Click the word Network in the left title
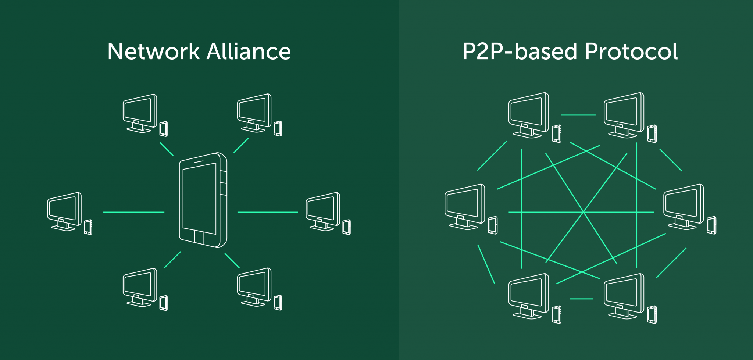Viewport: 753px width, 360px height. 153,51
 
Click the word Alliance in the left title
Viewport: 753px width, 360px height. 249,51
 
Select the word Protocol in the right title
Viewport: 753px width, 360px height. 631,51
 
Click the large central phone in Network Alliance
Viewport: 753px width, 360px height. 203,200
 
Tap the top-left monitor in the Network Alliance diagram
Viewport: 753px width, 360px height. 140,113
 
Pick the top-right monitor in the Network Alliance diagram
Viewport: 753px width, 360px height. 254,113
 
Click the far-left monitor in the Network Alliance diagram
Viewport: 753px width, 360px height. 64,211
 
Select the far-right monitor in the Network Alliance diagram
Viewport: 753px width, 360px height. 323,211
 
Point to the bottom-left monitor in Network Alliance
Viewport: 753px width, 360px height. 140,287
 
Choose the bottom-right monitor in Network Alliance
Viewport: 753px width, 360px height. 254,287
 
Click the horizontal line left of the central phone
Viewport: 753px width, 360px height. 134,212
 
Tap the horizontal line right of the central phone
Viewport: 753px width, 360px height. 268,212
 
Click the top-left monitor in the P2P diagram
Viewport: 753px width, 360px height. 529,115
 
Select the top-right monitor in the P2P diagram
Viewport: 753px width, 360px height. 624,115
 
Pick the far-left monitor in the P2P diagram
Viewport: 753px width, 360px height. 465,207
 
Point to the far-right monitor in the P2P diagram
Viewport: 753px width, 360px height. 684,207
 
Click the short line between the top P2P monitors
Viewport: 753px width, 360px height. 578,115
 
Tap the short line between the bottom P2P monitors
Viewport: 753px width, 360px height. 581,299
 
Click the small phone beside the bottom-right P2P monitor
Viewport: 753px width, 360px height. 652,315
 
